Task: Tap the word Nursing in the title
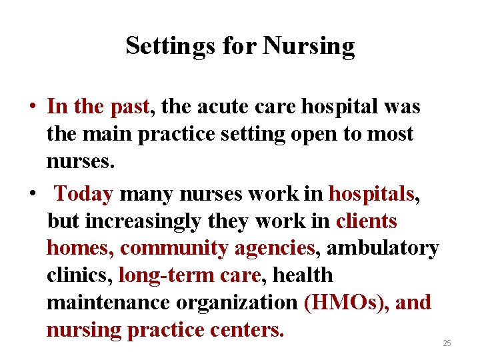click(309, 46)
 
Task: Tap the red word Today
click(84, 193)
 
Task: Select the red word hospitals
click(372, 193)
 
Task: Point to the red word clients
click(367, 221)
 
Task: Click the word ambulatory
click(383, 248)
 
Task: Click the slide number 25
click(447, 343)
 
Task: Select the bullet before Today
click(31, 194)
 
